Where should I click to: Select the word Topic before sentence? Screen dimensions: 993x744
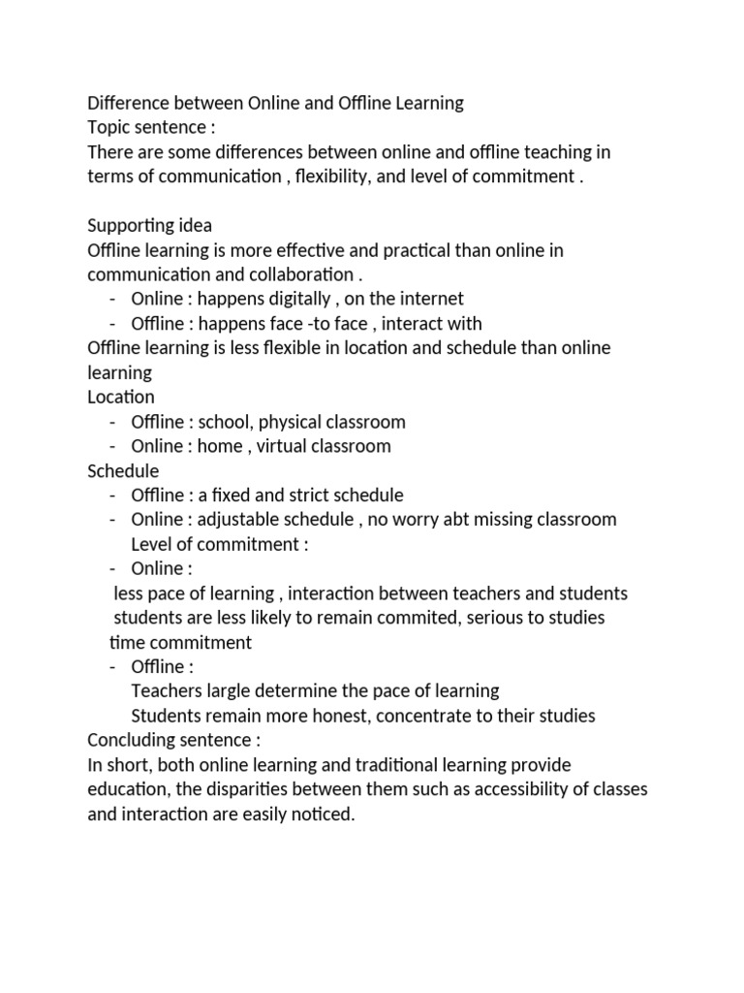109,127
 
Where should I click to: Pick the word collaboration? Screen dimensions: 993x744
286,274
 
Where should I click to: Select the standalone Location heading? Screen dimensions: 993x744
120,397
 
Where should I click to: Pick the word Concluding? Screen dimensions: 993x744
133,740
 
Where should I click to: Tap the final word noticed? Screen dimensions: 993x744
324,815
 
